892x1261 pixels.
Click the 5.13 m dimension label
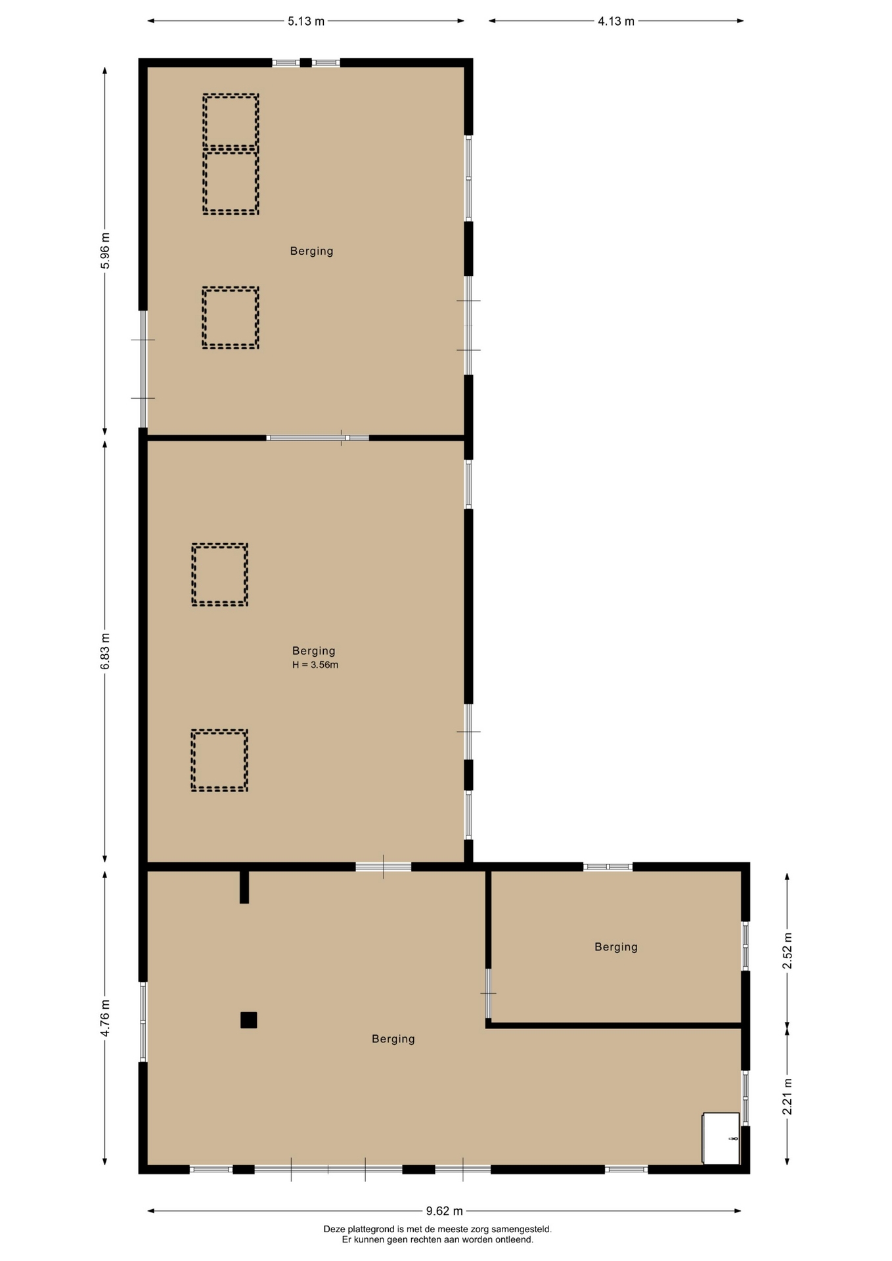pyautogui.click(x=306, y=21)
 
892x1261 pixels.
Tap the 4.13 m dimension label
pyautogui.click(x=616, y=21)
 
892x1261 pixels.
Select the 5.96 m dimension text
pyautogui.click(x=105, y=251)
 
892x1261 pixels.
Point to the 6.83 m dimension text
pyautogui.click(x=105, y=652)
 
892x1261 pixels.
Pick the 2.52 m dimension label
pyautogui.click(x=788, y=950)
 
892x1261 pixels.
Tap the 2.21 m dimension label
pyautogui.click(x=788, y=1097)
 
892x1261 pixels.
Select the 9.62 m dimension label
pyautogui.click(x=445, y=1211)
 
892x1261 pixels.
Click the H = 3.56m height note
pyautogui.click(x=315, y=665)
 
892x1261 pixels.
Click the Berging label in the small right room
pyautogui.click(x=616, y=946)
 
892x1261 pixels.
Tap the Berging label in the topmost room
pyautogui.click(x=312, y=251)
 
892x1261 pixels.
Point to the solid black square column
pyautogui.click(x=248, y=1020)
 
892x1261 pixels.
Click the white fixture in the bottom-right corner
pyautogui.click(x=721, y=1138)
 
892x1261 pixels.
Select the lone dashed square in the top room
pyautogui.click(x=203, y=318)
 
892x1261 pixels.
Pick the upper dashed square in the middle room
pyautogui.click(x=192, y=575)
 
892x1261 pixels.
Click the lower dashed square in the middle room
pyautogui.click(x=192, y=761)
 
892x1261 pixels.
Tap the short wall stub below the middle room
pyautogui.click(x=244, y=887)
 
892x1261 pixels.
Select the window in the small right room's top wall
pyautogui.click(x=608, y=867)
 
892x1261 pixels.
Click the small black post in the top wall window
pyautogui.click(x=305, y=63)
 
